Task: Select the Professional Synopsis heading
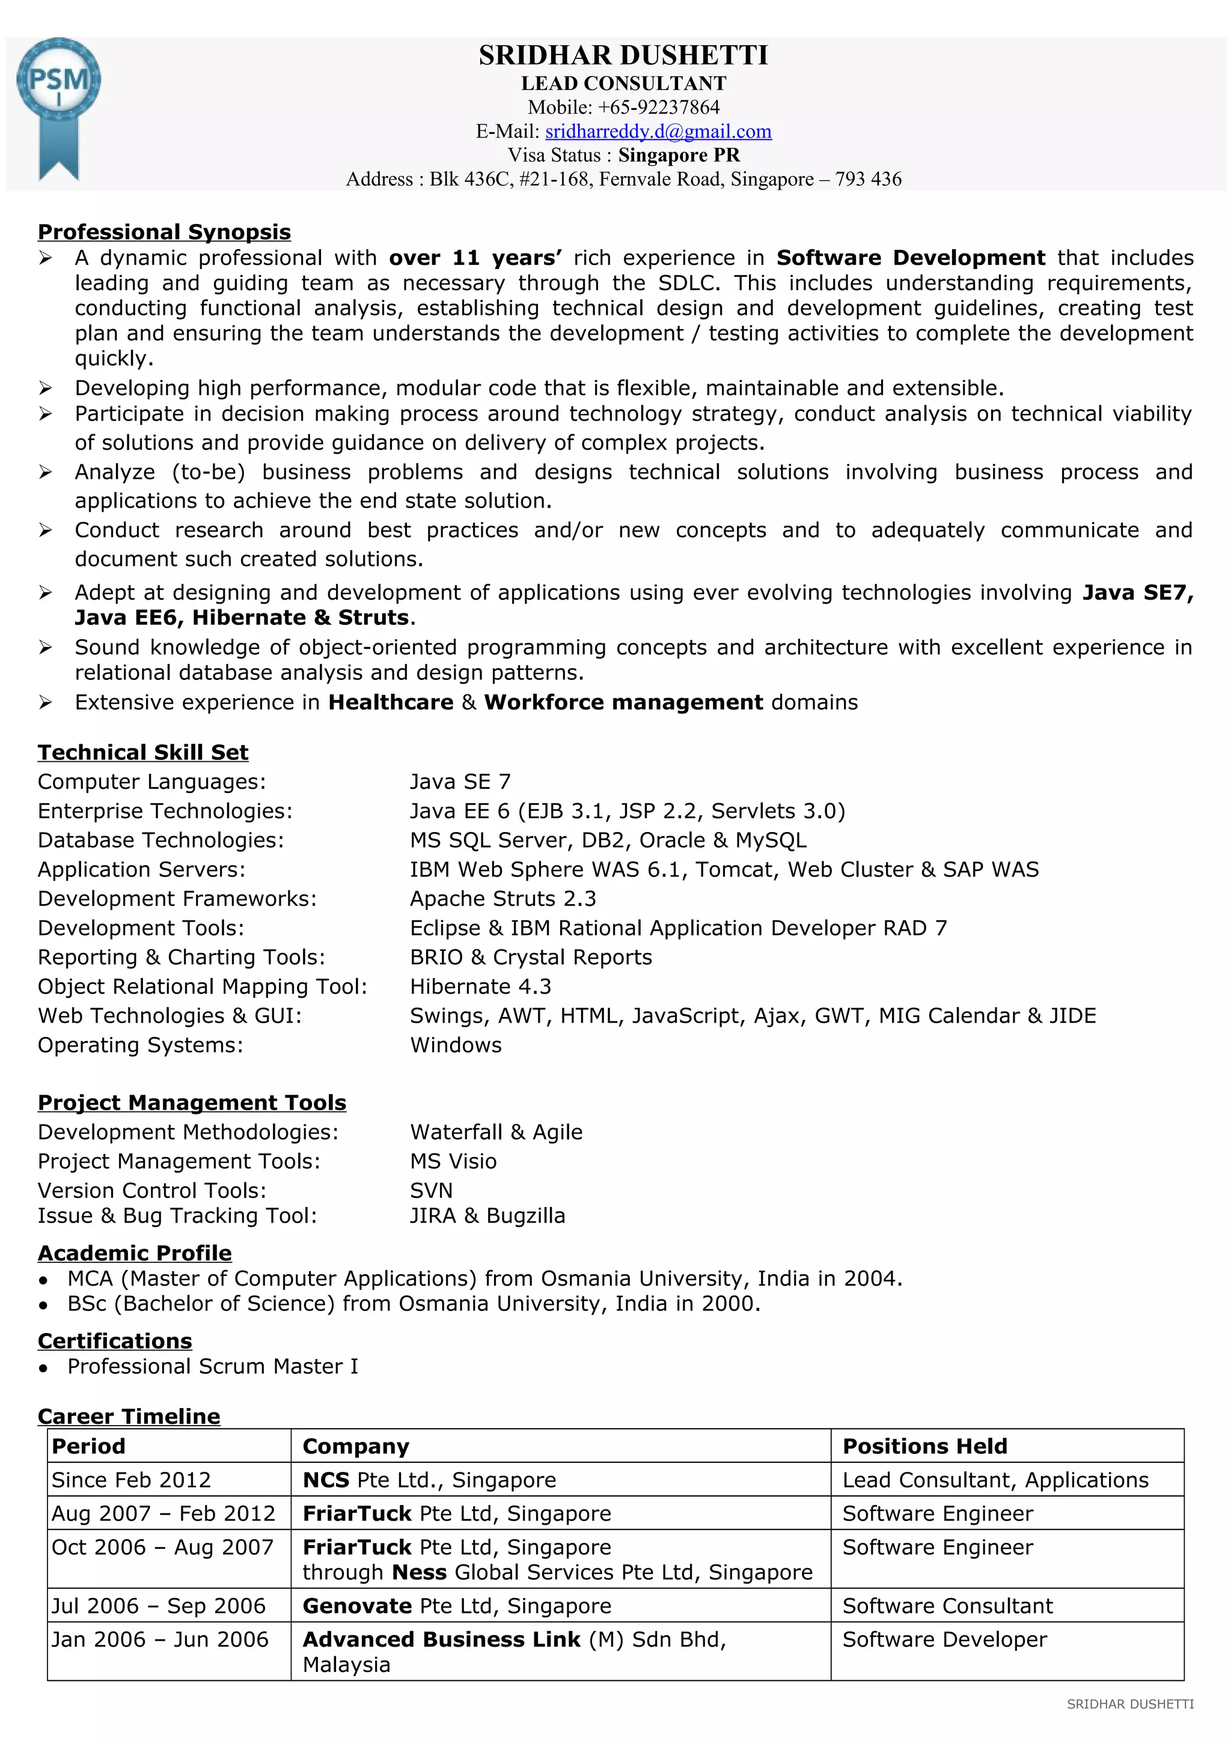[x=164, y=231]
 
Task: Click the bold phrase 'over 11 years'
[x=475, y=258]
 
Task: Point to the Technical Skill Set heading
[x=142, y=752]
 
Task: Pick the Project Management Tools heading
[x=192, y=1102]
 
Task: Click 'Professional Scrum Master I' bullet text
[x=212, y=1366]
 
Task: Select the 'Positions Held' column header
[x=924, y=1445]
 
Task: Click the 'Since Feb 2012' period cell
[x=130, y=1480]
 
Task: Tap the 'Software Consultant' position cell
[x=947, y=1605]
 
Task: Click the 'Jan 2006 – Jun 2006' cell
[x=159, y=1639]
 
